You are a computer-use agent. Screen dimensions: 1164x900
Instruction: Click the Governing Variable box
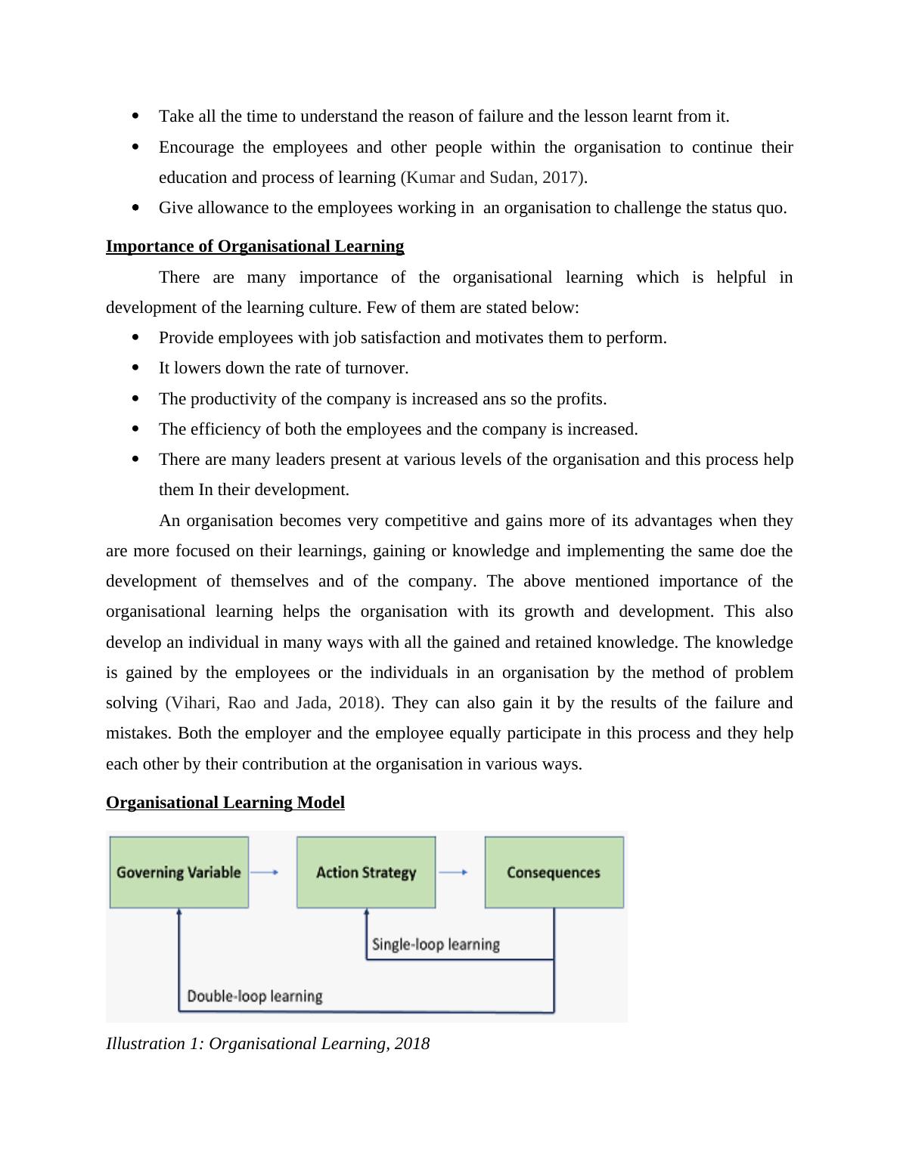coord(178,872)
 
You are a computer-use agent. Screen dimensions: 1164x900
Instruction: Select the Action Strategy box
coord(366,872)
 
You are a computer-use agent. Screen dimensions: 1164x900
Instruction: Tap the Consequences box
coord(554,872)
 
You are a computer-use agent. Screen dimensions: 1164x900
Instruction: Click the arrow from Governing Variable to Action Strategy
coord(265,872)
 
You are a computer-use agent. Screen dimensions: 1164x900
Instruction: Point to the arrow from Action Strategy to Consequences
coord(453,872)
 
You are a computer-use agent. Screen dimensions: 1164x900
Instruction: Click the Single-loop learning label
coord(436,945)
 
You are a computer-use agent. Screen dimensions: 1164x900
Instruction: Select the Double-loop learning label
coord(254,996)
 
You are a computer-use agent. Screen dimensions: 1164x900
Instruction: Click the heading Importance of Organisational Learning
coord(255,246)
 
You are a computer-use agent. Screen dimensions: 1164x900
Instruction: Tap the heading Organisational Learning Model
coord(225,803)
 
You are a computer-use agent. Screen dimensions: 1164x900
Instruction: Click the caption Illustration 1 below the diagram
coord(268,1044)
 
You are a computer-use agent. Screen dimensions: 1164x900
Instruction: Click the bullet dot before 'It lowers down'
coord(136,368)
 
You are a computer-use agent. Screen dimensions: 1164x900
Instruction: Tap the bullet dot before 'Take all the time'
coord(136,116)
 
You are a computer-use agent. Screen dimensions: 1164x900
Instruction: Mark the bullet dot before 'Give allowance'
coord(136,208)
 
